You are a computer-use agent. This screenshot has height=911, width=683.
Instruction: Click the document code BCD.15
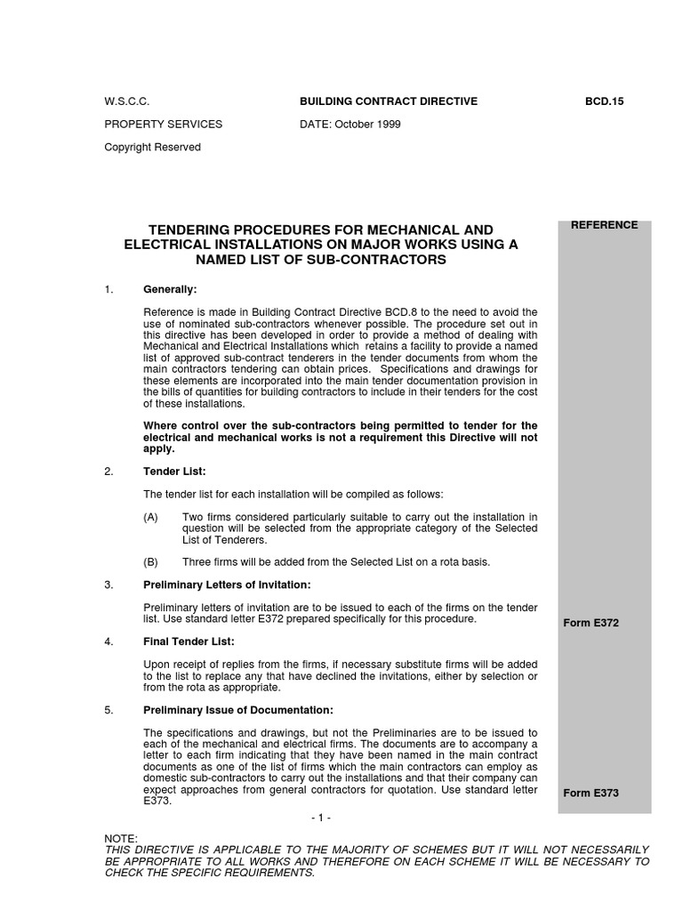606,101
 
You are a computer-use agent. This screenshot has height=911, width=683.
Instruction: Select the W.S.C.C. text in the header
126,101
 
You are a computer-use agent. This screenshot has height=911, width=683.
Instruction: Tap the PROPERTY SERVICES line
164,125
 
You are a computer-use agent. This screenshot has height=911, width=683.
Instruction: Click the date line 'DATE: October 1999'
350,125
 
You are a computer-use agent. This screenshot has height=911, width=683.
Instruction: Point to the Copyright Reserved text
153,148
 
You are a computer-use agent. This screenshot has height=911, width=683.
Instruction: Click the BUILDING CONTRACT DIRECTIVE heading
389,101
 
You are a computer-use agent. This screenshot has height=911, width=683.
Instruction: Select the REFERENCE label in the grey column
604,225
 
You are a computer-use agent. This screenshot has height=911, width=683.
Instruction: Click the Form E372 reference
591,623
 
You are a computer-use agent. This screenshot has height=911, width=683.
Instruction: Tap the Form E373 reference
591,793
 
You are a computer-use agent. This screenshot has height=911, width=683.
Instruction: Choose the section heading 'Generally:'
170,290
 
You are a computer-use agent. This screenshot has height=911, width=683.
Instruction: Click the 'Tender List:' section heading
174,472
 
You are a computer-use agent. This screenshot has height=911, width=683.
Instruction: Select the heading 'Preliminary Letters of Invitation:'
227,584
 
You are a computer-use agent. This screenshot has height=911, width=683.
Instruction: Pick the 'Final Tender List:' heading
189,641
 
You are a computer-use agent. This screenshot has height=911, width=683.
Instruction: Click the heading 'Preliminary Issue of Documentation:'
238,710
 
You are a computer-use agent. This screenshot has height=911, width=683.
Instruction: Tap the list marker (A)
153,517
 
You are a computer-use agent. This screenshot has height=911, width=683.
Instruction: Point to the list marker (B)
153,562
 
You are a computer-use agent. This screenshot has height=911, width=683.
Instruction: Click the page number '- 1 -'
322,818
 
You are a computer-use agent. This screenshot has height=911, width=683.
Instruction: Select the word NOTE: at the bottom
121,839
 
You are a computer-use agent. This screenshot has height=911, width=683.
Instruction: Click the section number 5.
108,710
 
